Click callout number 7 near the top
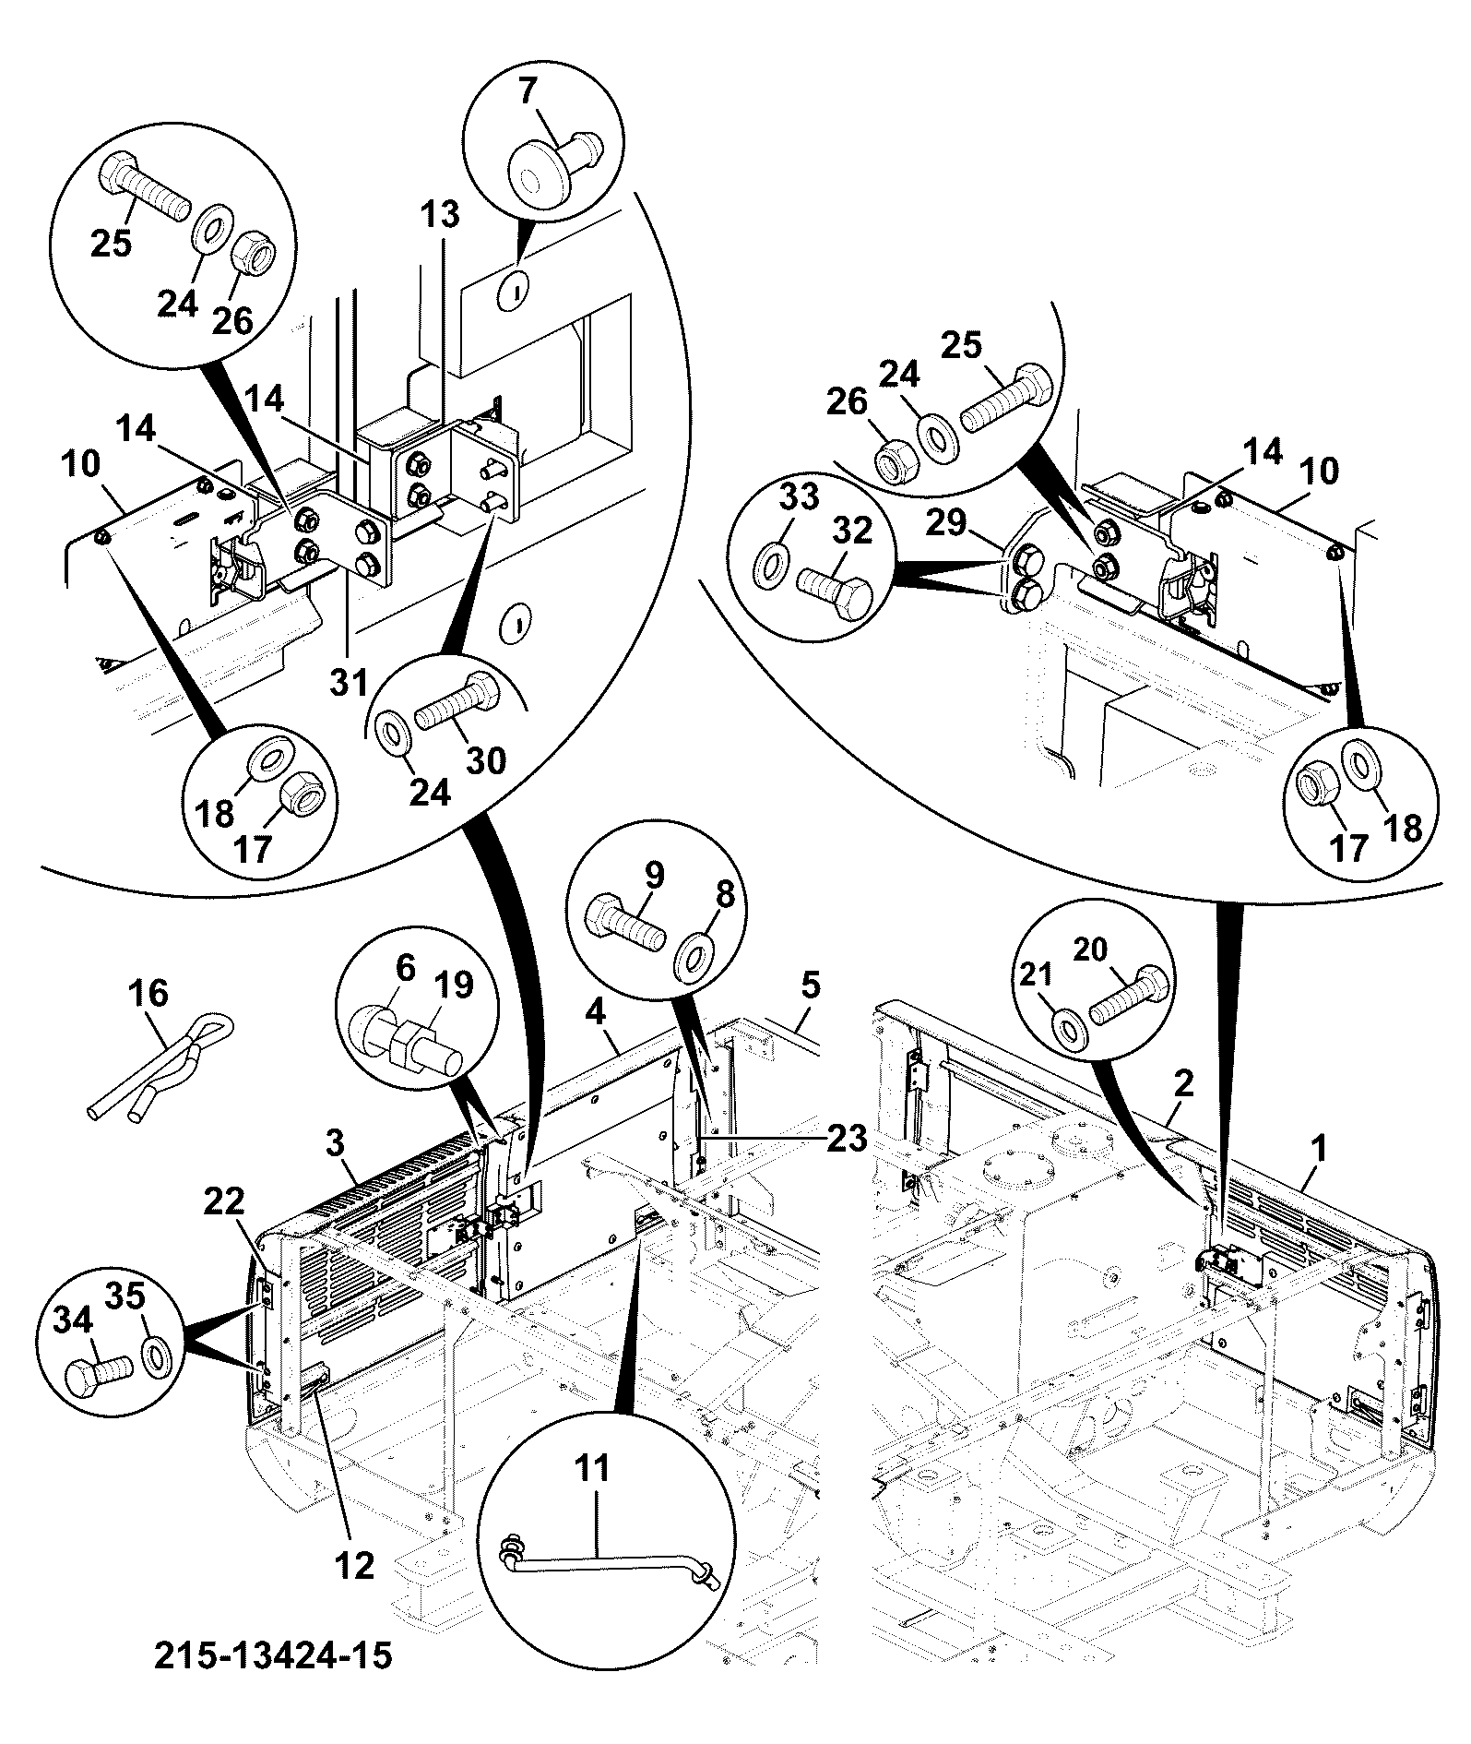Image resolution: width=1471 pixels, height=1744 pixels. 528,92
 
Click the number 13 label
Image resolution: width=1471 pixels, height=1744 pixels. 442,214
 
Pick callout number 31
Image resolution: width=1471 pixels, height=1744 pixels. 350,683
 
